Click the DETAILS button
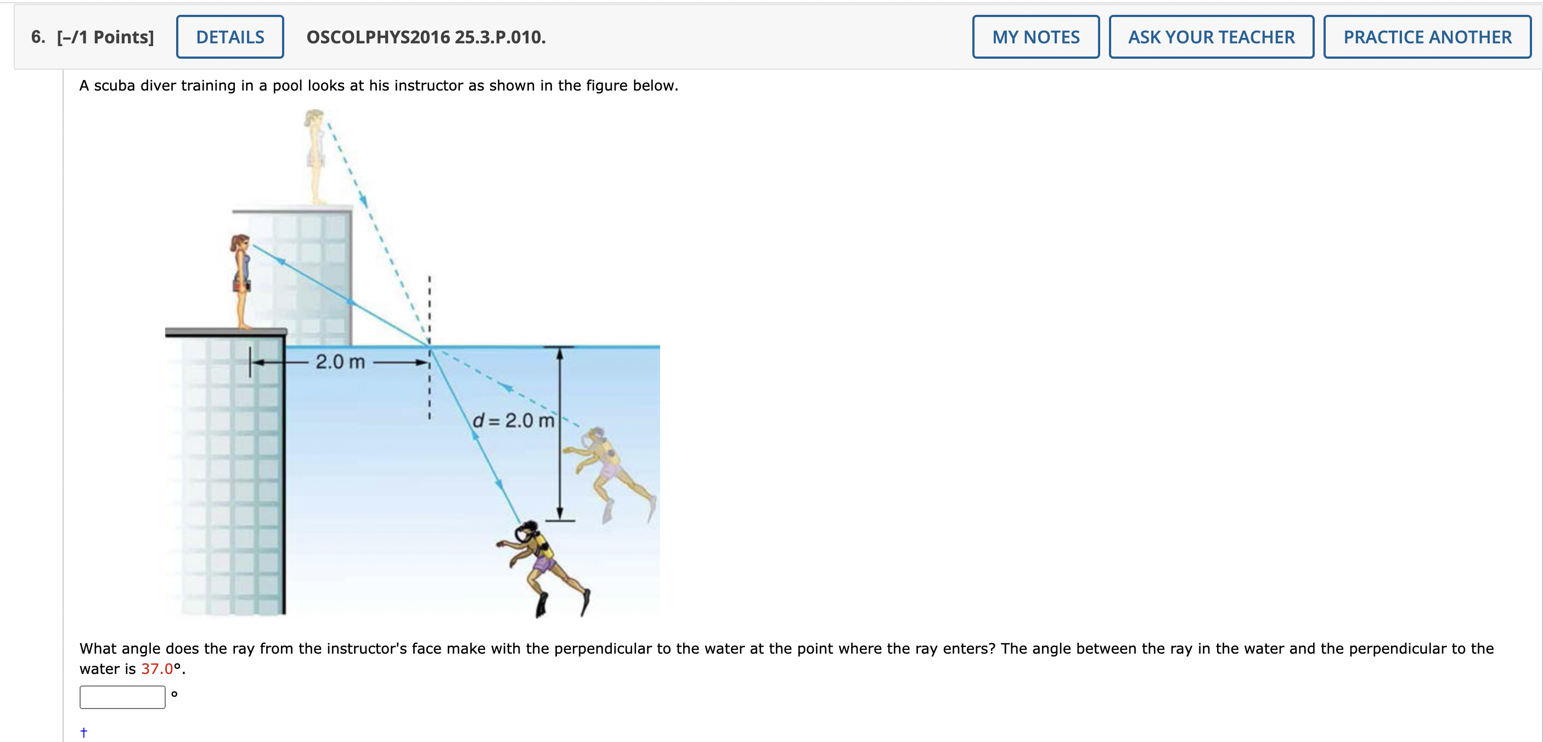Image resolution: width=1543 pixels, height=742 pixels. click(230, 37)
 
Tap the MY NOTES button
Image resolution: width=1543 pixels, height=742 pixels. click(1035, 37)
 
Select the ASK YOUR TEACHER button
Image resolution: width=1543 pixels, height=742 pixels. click(1211, 37)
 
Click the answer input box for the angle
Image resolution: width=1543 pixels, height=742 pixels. click(122, 697)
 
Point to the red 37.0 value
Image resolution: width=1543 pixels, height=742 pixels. click(157, 669)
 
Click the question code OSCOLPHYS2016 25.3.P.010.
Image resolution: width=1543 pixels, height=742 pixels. click(426, 37)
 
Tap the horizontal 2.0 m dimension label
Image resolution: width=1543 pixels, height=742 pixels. click(340, 362)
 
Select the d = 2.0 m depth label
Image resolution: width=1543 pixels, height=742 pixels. click(514, 420)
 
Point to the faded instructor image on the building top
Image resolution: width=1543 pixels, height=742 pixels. click(315, 157)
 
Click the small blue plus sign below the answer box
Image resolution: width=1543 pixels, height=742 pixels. click(84, 732)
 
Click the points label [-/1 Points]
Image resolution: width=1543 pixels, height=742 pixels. click(105, 37)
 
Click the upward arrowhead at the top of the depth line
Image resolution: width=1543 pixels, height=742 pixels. click(560, 353)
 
